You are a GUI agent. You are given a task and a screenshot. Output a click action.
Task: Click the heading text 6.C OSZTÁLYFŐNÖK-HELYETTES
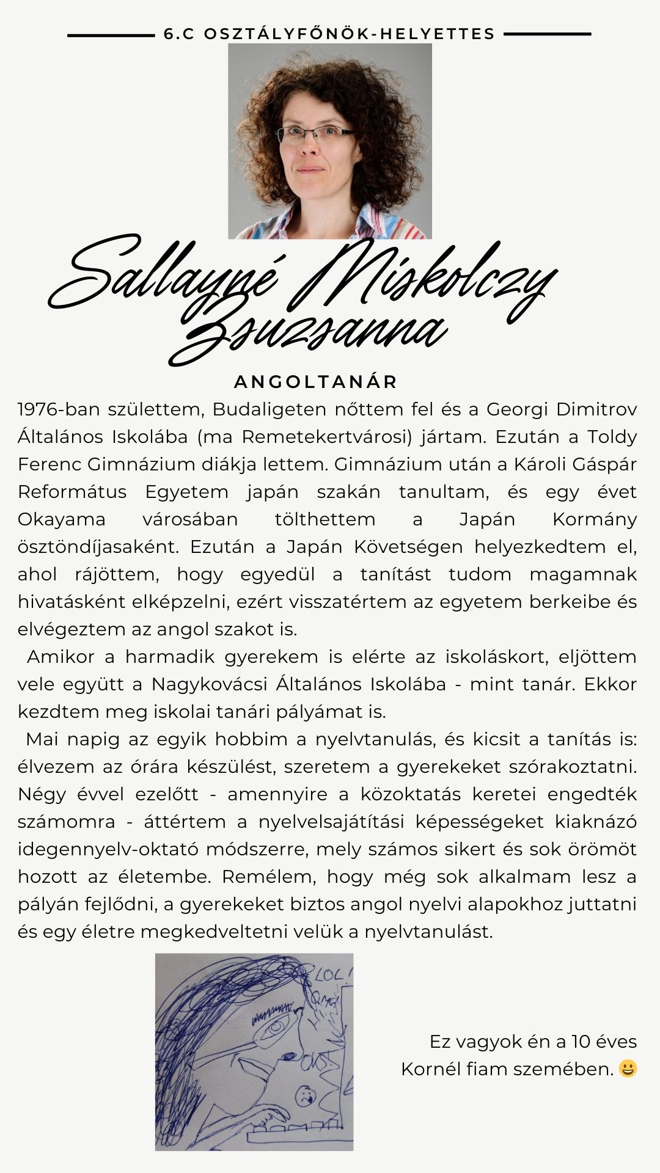tap(329, 34)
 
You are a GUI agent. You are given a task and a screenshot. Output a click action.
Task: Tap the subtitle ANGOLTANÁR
tap(316, 382)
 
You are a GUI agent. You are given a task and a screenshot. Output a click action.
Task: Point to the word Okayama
tap(61, 519)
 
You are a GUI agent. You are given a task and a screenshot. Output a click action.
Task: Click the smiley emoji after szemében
tap(628, 1069)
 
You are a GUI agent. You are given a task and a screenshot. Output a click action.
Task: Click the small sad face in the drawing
tap(303, 1094)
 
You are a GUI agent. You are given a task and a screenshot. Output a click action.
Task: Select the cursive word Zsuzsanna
tap(312, 333)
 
